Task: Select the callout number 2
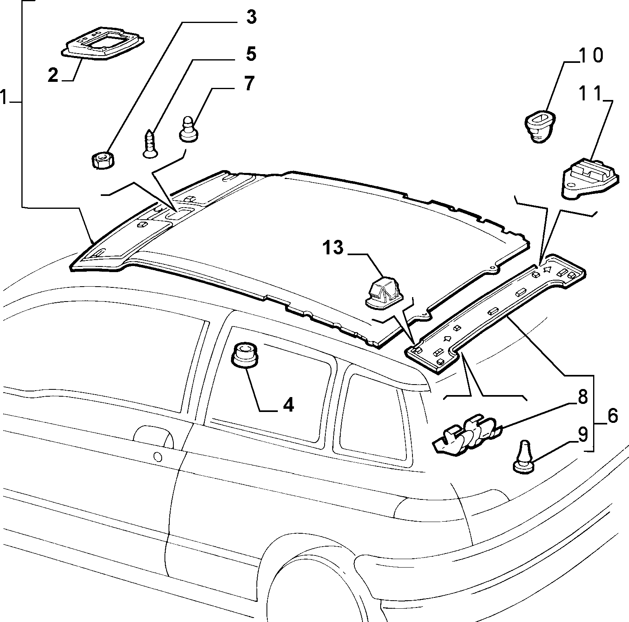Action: tap(53, 75)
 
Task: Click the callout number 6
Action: tap(612, 416)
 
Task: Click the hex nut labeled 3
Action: tap(102, 159)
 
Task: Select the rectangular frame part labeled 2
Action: tap(103, 44)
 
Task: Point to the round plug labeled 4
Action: tap(244, 355)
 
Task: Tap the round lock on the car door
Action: tap(158, 457)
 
